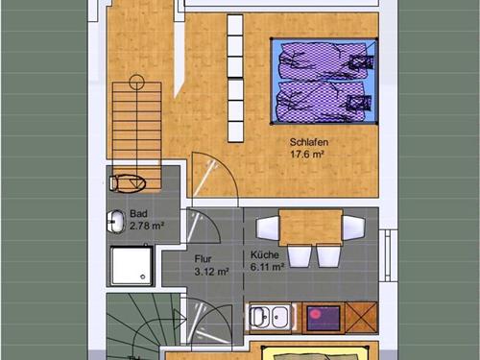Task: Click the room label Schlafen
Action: click(309, 142)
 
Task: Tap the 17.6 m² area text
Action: click(307, 155)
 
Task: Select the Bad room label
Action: click(138, 213)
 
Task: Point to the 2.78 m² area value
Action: click(147, 226)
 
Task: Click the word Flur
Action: click(203, 258)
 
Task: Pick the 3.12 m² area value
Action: click(211, 272)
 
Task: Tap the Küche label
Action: click(265, 254)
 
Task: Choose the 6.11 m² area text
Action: click(268, 267)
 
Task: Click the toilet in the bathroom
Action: click(128, 183)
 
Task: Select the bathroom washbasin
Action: click(115, 222)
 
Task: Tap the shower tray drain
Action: click(143, 276)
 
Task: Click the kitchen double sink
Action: click(271, 317)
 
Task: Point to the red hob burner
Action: click(315, 314)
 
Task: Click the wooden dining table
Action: click(311, 228)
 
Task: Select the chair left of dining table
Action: click(268, 228)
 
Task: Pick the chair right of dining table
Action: click(353, 228)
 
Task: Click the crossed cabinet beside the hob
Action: click(362, 318)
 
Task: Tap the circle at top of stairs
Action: click(137, 82)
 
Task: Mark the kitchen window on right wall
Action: click(388, 255)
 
